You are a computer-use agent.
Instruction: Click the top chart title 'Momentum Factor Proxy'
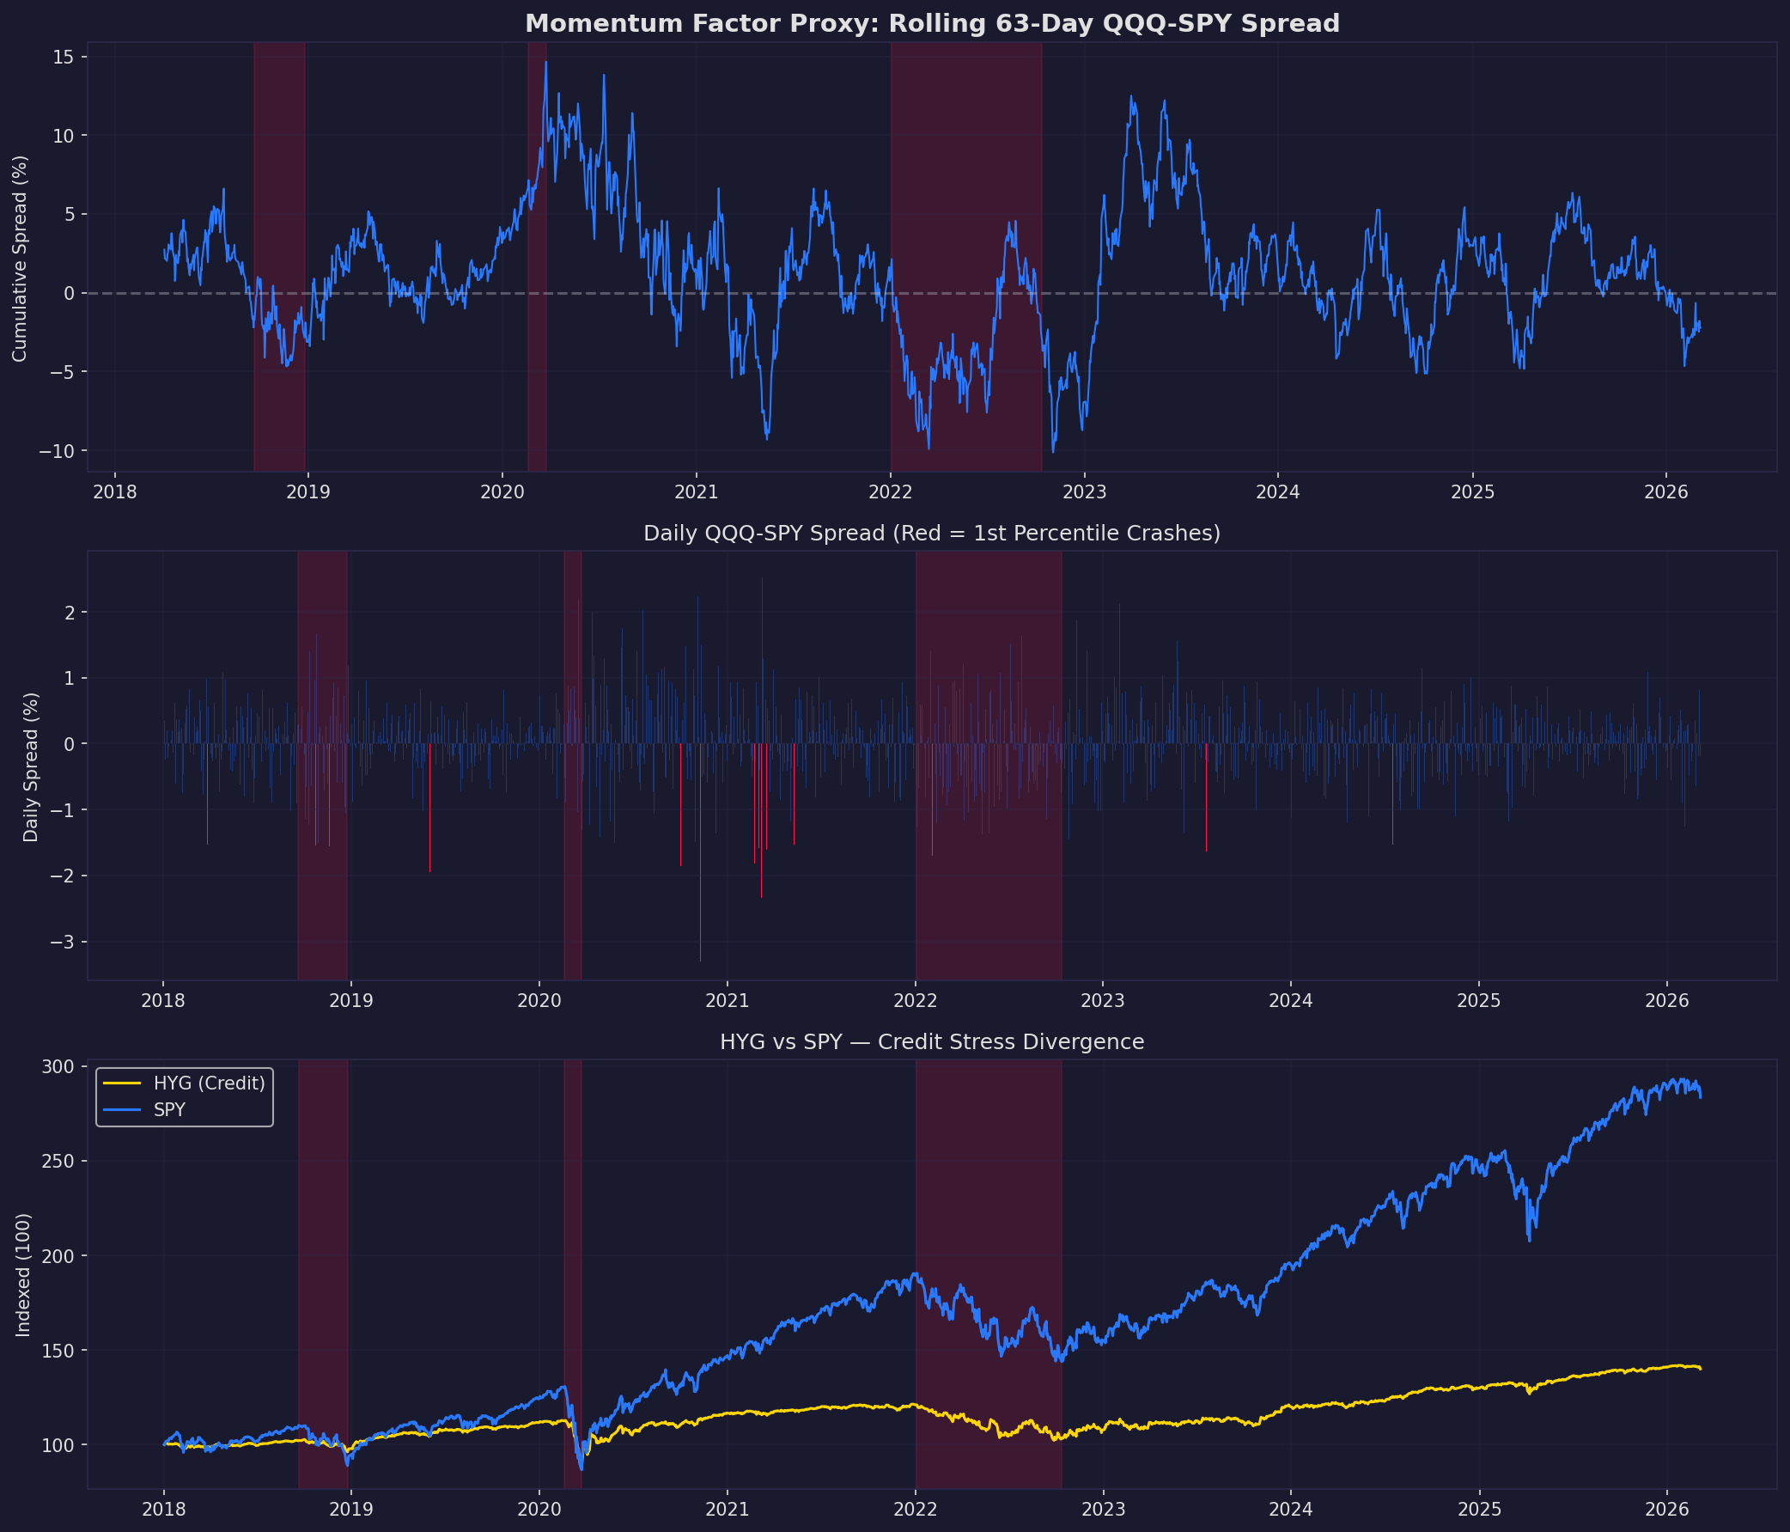click(x=932, y=23)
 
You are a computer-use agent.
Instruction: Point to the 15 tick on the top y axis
click(x=65, y=57)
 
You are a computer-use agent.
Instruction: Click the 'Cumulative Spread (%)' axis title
click(x=20, y=258)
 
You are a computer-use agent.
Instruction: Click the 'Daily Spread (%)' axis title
click(x=31, y=766)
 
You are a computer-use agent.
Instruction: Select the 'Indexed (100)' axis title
click(x=23, y=1274)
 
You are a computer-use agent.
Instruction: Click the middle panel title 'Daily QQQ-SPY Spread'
click(x=931, y=534)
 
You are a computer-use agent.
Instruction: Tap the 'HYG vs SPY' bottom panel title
click(x=931, y=1042)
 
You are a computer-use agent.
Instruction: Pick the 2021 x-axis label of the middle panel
click(x=727, y=1002)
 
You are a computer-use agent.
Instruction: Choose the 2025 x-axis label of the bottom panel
click(x=1479, y=1510)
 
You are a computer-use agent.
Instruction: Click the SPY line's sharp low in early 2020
click(x=581, y=1469)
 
